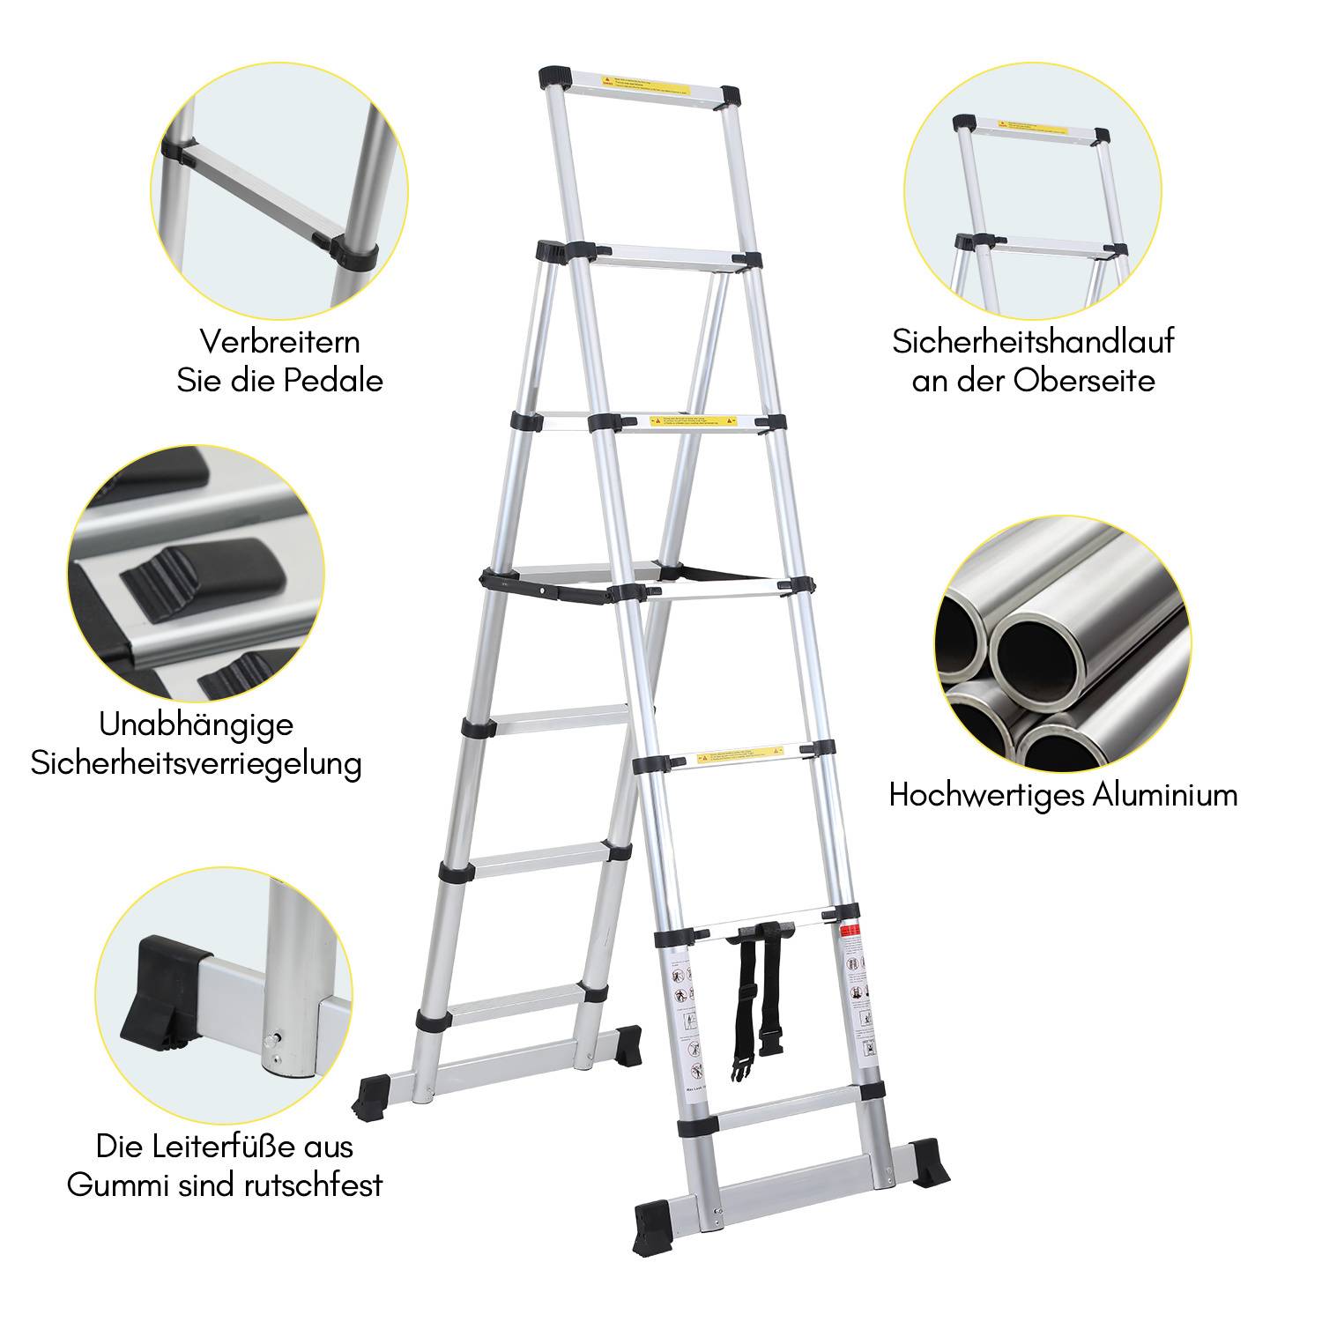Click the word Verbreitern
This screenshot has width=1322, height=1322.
coord(279,341)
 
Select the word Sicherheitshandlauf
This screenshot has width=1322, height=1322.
coord(1033,341)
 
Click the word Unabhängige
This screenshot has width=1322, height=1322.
coord(196,724)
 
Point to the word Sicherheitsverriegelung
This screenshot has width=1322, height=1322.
coord(196,763)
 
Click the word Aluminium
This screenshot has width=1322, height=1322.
coord(1164,795)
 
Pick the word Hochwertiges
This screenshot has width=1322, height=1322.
coord(987,795)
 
